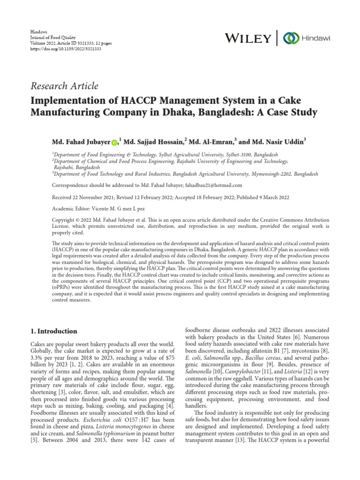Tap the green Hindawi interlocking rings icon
292,37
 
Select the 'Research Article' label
64,86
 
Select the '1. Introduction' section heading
53,331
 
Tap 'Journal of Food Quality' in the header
52,37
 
